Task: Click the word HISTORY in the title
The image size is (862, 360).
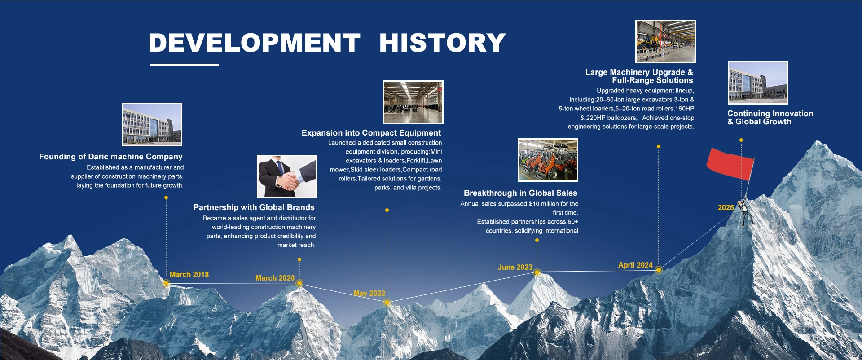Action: point(443,43)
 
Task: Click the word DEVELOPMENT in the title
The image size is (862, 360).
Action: point(255,43)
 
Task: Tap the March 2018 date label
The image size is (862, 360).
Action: point(189,274)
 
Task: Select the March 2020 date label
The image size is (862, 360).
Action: point(275,278)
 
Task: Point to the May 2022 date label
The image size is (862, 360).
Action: point(369,294)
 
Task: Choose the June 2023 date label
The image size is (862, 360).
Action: point(515,267)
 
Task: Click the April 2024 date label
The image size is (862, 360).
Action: point(635,265)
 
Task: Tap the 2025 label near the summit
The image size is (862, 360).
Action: point(726,207)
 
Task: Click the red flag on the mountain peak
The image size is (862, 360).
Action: point(730,164)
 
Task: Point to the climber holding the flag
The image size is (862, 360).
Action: point(746,213)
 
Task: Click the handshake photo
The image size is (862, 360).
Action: point(287,176)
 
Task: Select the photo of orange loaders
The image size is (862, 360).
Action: point(548,160)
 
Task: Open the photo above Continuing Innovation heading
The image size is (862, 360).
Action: point(758,83)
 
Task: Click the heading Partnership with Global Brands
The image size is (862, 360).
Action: point(254,207)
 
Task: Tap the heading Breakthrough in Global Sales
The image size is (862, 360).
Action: point(520,193)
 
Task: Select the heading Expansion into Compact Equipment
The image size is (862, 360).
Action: point(371,133)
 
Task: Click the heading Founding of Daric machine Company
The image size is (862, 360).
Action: point(111,157)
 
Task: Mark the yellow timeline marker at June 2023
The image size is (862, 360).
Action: point(537,272)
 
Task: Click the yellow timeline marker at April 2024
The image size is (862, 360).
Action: point(659,270)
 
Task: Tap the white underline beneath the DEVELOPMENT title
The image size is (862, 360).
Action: point(184,65)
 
